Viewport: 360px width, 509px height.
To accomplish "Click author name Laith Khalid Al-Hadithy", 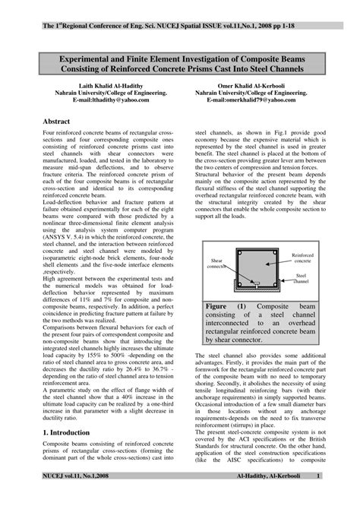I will (x=95, y=85).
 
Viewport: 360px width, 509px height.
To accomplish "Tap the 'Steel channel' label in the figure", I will (x=303, y=279).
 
